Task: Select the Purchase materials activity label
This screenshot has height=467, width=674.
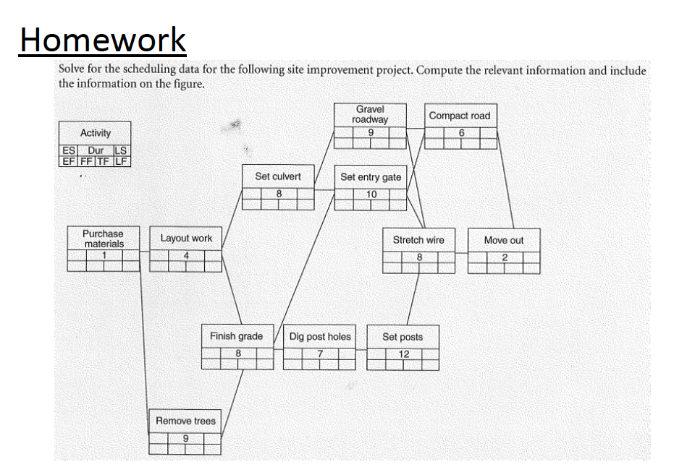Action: (103, 239)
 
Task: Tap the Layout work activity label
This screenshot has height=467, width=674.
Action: (186, 239)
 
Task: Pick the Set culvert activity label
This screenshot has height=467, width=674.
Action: (278, 176)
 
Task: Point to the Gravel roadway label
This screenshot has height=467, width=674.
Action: (370, 114)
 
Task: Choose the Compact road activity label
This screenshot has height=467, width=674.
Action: (460, 116)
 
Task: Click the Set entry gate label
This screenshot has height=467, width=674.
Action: (371, 177)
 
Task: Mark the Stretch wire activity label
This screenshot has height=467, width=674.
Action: (418, 240)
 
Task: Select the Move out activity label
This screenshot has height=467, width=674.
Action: (504, 240)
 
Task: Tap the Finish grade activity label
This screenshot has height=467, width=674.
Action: (237, 336)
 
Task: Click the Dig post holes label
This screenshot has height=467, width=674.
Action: (320, 336)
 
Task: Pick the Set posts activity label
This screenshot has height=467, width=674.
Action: (403, 337)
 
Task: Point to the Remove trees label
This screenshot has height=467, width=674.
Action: (185, 421)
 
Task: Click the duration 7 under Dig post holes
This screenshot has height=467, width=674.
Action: (319, 353)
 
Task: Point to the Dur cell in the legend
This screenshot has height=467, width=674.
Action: (96, 150)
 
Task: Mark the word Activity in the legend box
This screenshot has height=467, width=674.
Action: (96, 133)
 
